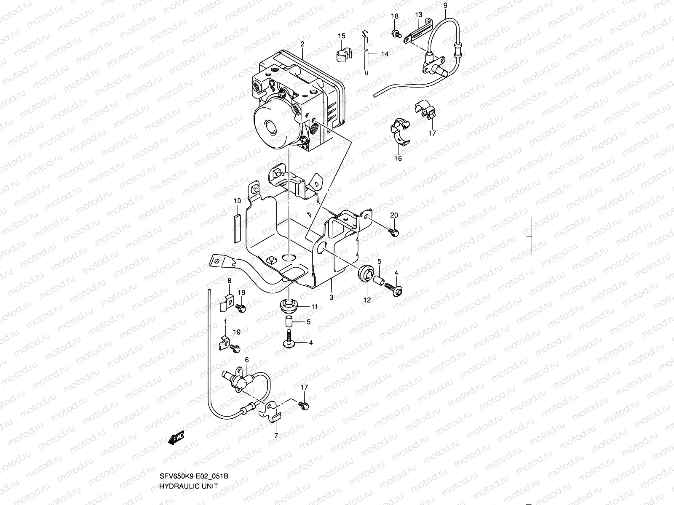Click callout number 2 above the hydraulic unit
click(x=302, y=44)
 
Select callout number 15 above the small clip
click(x=341, y=36)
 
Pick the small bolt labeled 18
click(x=396, y=33)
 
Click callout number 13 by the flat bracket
click(x=418, y=15)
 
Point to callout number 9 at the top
click(x=445, y=5)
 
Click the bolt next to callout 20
click(x=394, y=231)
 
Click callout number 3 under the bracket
click(x=332, y=297)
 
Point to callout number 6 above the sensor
click(x=246, y=360)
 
